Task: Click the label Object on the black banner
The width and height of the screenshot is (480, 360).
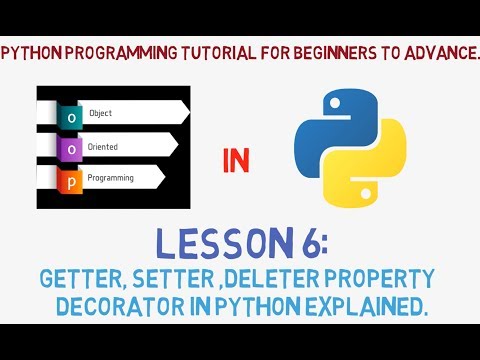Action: click(x=101, y=113)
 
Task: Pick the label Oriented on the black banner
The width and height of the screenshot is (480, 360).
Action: click(x=104, y=146)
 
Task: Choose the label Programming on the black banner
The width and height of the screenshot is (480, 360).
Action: click(x=112, y=179)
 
